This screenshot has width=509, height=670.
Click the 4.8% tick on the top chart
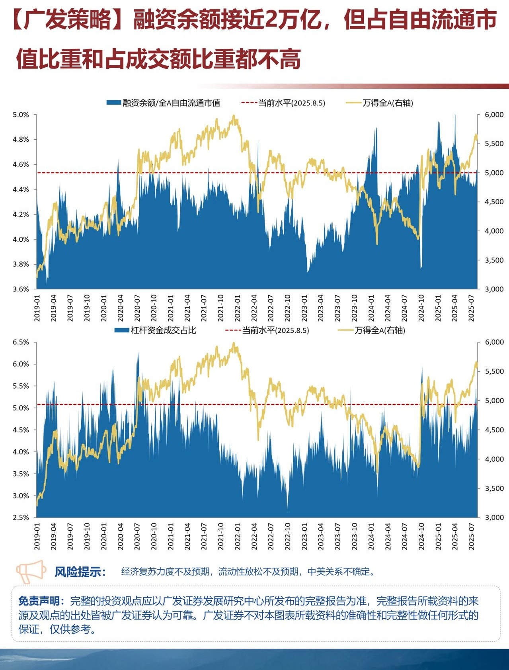21,140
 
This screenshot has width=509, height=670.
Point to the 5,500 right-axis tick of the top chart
494,144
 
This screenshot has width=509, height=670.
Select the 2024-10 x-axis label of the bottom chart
421,536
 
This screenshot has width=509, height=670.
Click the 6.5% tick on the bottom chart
21,342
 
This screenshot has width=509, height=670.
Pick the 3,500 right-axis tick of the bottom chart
494,488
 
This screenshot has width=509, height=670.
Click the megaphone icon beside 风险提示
31,572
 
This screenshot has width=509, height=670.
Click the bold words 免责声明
39,601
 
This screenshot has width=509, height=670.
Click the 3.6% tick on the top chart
21,289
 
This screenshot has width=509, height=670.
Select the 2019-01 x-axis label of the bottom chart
37,536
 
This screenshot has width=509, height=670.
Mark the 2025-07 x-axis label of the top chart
472,308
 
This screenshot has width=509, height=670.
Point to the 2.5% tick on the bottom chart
21,518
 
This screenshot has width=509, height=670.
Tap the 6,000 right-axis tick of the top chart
494,115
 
